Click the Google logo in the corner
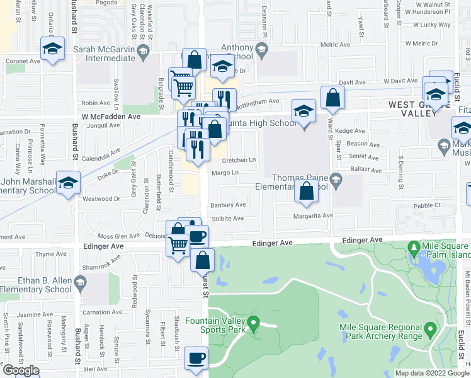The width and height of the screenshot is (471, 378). (20, 370)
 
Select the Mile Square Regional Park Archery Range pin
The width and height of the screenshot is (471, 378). (431, 329)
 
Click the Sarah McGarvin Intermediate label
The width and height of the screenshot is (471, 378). (111, 50)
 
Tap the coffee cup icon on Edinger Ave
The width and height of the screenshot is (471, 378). (198, 236)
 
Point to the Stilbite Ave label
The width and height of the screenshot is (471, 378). (228, 218)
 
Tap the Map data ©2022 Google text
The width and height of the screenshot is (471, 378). (432, 373)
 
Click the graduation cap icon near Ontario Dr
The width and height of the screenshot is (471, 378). (53, 48)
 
